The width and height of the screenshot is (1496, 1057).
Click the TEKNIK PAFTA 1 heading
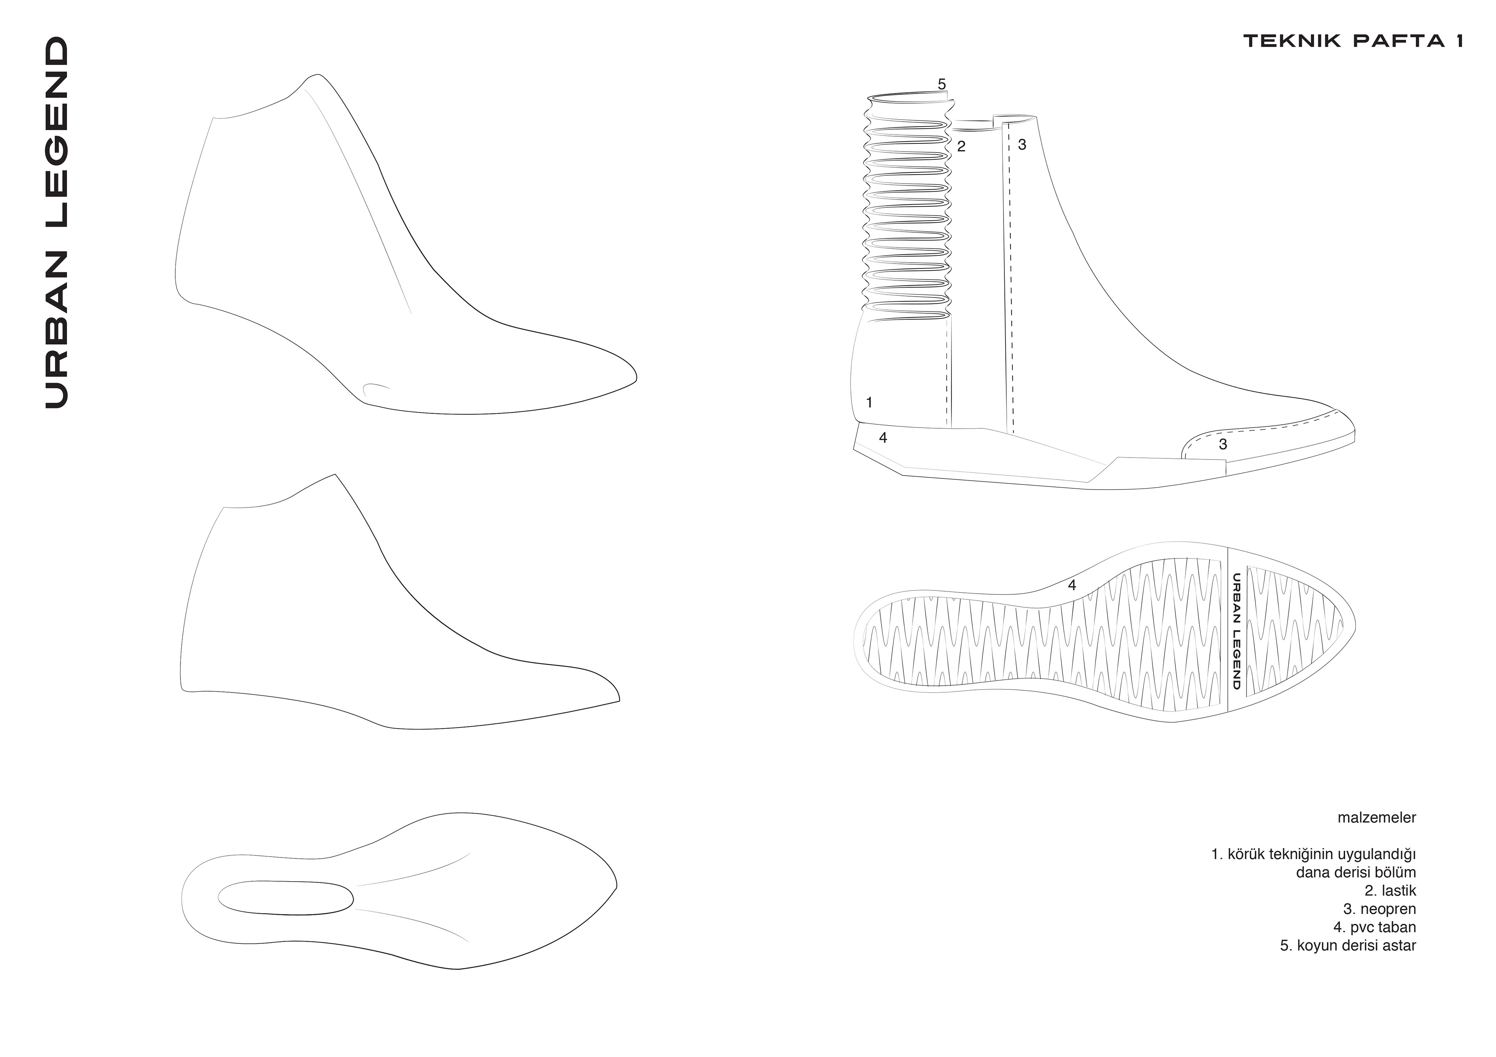click(1353, 41)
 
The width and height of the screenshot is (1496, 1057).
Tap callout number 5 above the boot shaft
click(942, 84)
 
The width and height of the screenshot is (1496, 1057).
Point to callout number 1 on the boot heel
click(869, 403)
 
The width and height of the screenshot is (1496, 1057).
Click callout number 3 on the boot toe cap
click(1223, 444)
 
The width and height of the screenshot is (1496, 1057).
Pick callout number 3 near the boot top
click(1021, 145)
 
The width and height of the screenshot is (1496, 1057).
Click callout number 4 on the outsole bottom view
click(1072, 585)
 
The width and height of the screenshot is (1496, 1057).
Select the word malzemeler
click(1376, 818)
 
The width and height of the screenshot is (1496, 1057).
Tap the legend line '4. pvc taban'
click(1374, 927)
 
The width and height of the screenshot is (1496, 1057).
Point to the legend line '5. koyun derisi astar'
click(1348, 946)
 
